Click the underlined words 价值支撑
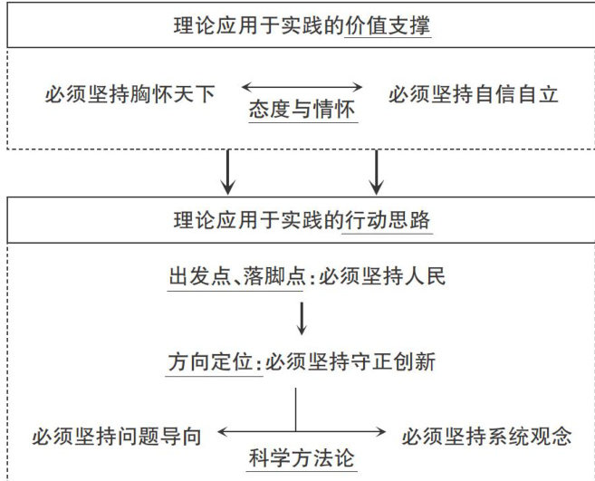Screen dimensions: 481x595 click(389, 24)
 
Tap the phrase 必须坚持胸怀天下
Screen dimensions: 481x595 click(130, 93)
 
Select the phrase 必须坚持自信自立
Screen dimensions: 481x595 click(473, 93)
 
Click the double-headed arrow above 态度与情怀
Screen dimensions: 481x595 click(302, 88)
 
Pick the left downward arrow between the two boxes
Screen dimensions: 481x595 click(229, 171)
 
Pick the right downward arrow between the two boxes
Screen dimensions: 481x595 click(375, 171)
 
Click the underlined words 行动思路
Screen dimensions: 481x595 click(389, 220)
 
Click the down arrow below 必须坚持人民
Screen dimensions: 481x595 click(302, 317)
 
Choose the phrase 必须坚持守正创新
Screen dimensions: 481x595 click(351, 362)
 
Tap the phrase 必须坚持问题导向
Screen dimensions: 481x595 click(116, 436)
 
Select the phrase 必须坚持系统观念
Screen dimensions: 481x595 click(487, 436)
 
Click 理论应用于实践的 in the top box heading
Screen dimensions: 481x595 click(257, 24)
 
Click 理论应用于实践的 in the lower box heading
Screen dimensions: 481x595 click(257, 220)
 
